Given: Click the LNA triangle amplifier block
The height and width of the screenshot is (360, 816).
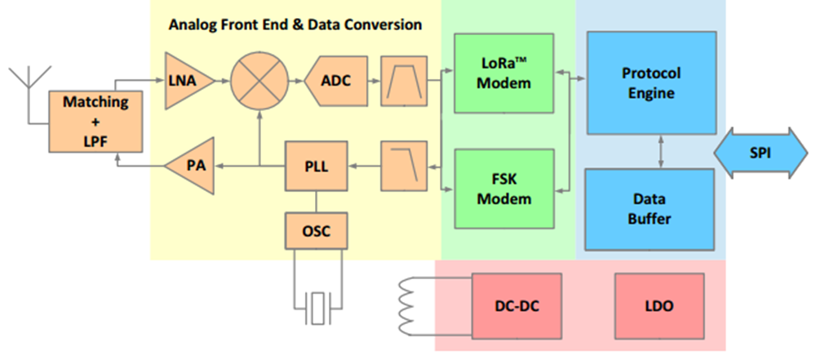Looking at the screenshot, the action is pyautogui.click(x=189, y=81).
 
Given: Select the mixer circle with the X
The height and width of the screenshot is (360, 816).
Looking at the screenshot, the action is pyautogui.click(x=259, y=81).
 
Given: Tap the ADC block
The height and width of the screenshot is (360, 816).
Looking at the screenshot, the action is pyautogui.click(x=335, y=81).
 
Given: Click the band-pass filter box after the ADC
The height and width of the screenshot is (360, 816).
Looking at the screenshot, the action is pyautogui.click(x=405, y=81).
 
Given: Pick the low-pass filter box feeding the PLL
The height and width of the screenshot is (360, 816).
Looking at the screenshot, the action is pyautogui.click(x=405, y=167).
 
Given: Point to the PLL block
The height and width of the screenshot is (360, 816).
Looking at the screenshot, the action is pyautogui.click(x=317, y=167).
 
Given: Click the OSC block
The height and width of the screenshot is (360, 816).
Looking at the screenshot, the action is pyautogui.click(x=317, y=230).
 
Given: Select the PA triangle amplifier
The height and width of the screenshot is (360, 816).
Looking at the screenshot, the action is pyautogui.click(x=190, y=167).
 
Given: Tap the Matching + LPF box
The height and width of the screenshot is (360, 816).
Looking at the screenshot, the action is pyautogui.click(x=95, y=122).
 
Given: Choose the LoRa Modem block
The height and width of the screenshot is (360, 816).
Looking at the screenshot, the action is pyautogui.click(x=503, y=73).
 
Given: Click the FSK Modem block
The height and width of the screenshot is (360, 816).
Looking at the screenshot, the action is pyautogui.click(x=503, y=189).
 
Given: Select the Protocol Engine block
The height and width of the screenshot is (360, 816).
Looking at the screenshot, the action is pyautogui.click(x=651, y=82).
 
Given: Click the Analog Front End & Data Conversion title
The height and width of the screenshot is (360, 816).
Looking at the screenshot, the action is pyautogui.click(x=295, y=24).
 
